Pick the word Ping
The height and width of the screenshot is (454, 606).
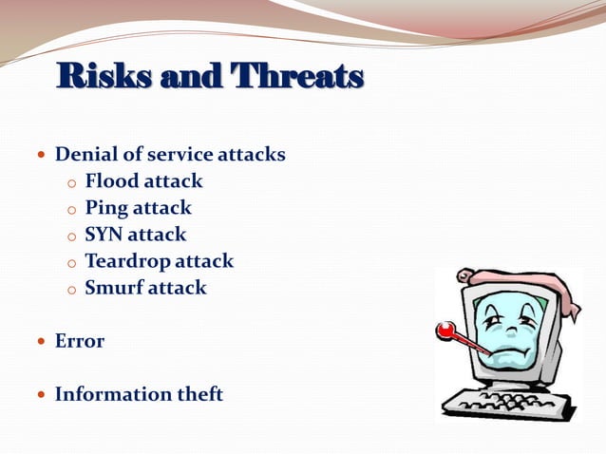pos(106,207)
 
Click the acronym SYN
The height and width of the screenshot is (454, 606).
pos(104,234)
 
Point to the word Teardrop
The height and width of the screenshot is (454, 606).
pos(128,260)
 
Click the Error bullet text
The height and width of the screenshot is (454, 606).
pos(80,341)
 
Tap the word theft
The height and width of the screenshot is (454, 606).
pos(201,393)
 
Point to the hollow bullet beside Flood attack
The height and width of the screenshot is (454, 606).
pos(70,182)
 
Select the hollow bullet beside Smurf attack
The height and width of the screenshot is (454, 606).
pos(70,289)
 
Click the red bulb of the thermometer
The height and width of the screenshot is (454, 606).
pos(445,330)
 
